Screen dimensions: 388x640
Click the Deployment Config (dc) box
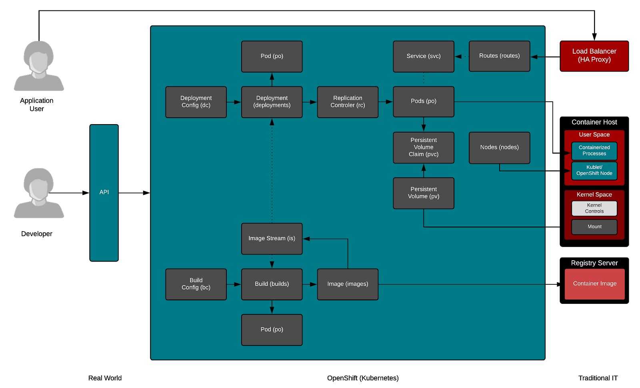[x=196, y=102]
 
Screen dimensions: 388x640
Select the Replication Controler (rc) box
[x=348, y=102]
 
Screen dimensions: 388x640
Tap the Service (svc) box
[x=424, y=56]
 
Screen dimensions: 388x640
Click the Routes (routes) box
[x=499, y=56]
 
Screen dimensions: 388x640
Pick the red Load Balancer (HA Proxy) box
[x=594, y=56]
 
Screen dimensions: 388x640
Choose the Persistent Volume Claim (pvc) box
[x=424, y=147]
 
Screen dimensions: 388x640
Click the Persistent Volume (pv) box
[x=424, y=193]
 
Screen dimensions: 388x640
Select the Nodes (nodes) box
[x=499, y=148]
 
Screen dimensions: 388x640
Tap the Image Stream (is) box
[x=272, y=239]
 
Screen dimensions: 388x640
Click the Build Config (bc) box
[x=196, y=284]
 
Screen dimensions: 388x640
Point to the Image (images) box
[x=348, y=284]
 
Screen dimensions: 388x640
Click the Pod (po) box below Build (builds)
[x=272, y=330]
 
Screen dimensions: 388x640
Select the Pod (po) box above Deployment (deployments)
[x=272, y=56]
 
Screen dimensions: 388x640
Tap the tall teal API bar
[x=104, y=193]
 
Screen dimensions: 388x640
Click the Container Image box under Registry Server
[x=594, y=284]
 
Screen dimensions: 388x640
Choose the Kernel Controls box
[x=594, y=208]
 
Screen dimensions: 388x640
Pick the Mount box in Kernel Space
[x=594, y=227]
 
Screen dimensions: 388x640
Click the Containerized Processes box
[x=594, y=151]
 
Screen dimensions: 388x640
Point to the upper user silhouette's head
[x=39, y=58]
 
